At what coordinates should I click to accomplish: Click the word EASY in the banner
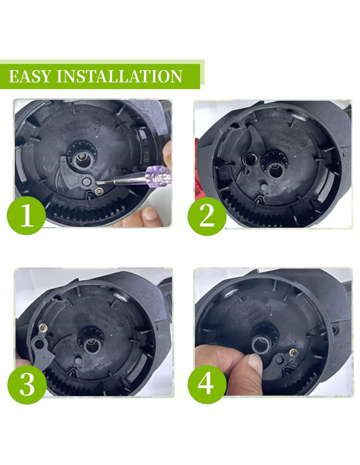click(30, 76)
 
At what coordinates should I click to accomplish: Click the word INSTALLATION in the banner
click(119, 76)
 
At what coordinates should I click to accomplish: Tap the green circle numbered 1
click(26, 215)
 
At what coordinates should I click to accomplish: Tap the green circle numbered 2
click(207, 216)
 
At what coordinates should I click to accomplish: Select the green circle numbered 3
click(27, 384)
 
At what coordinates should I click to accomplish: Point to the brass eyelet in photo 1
click(99, 191)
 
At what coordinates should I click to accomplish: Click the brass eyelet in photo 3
click(43, 327)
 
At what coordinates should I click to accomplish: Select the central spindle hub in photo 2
click(275, 166)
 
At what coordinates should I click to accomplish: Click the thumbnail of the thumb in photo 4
click(254, 360)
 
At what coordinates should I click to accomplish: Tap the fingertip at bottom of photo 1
click(150, 214)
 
